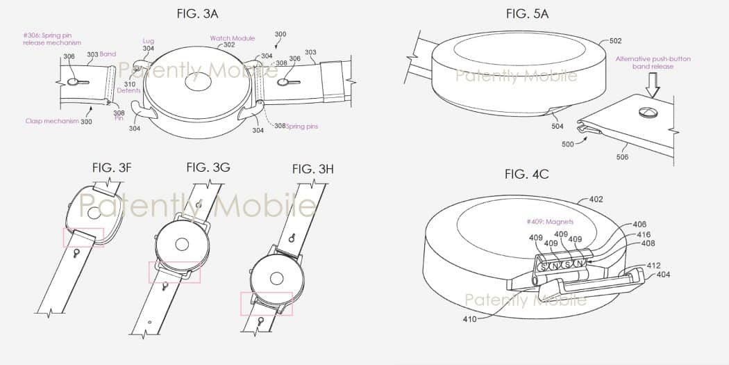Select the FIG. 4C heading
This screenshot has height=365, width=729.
pyautogui.click(x=526, y=174)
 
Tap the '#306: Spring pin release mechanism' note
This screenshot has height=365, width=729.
pyautogui.click(x=51, y=39)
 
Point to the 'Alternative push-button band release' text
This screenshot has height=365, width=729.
pyautogui.click(x=653, y=63)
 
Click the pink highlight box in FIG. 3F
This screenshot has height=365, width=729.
pyautogui.click(x=83, y=236)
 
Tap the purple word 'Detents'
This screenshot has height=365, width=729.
pyautogui.click(x=129, y=90)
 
